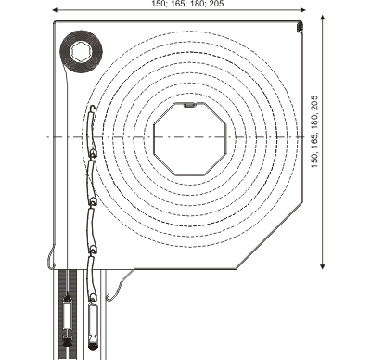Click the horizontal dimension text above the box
[x=187, y=4]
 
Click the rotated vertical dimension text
[x=314, y=132]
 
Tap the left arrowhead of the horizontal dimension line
[x=56, y=10]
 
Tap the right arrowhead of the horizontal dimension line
[x=302, y=10]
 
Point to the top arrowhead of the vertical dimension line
[x=323, y=18]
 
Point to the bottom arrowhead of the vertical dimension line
[x=323, y=265]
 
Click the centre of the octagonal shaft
[x=190, y=139]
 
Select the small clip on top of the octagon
[x=190, y=105]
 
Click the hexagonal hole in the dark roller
[x=81, y=52]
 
